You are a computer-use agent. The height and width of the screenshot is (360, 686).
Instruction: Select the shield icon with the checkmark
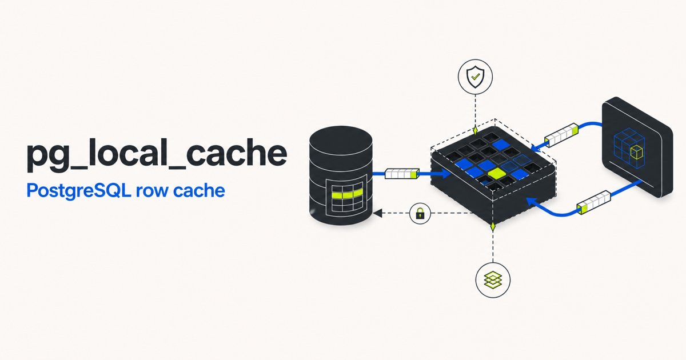[475, 77]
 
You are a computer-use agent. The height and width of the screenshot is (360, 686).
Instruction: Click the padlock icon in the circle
[420, 213]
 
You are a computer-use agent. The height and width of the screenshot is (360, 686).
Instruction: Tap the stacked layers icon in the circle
[493, 280]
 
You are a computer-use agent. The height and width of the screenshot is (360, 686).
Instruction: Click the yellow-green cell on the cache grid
[496, 174]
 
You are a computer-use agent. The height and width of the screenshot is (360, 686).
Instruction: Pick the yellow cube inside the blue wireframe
[637, 152]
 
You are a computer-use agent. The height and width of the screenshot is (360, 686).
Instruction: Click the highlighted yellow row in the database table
[348, 194]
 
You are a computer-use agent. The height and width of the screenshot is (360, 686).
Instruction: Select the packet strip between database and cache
[402, 174]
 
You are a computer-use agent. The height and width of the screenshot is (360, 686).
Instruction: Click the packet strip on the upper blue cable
[561, 135]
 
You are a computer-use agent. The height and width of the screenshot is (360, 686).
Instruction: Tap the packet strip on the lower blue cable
[594, 202]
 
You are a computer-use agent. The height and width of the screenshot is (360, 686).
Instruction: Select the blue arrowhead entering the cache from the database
[445, 174]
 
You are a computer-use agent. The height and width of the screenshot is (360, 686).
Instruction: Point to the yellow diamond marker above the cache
[475, 130]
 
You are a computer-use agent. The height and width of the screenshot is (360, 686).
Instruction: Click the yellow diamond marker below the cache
[493, 227]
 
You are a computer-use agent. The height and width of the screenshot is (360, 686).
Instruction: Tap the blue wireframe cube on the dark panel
[629, 148]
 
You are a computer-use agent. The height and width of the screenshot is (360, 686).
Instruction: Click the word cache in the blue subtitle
[199, 191]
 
